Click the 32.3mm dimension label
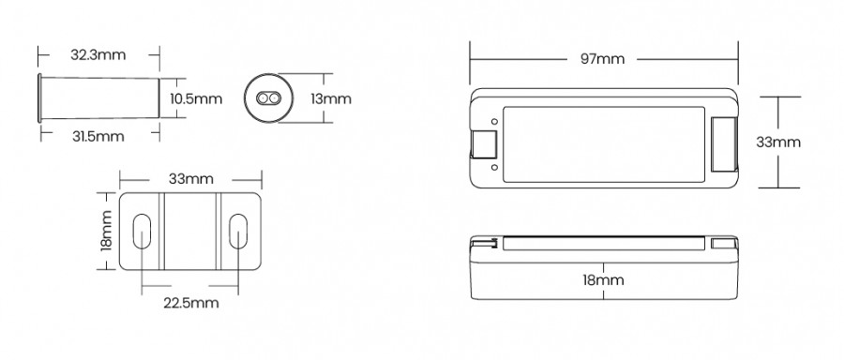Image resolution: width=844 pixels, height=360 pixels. click(x=98, y=55)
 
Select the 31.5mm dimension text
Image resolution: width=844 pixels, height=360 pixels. click(x=98, y=137)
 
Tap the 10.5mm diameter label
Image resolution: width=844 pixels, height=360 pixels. click(x=196, y=99)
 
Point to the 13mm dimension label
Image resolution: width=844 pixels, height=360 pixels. click(x=331, y=99)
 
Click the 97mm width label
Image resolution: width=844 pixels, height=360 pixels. click(x=603, y=59)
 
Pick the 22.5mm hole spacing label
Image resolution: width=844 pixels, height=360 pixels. click(x=191, y=303)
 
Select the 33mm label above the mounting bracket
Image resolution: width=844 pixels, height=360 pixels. click(x=191, y=179)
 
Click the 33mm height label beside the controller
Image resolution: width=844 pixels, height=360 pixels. click(x=778, y=142)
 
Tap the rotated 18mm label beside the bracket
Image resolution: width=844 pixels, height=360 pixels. click(x=106, y=231)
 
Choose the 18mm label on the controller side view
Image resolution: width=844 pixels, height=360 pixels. click(x=603, y=280)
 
